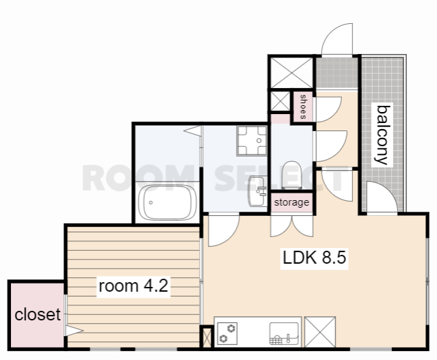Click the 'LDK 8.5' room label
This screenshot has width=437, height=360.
click(x=315, y=258)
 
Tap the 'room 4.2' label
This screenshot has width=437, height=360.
click(x=133, y=286)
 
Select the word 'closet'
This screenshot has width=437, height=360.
click(x=38, y=315)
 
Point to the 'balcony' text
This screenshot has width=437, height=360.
click(x=383, y=135)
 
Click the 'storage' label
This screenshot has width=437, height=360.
click(x=291, y=202)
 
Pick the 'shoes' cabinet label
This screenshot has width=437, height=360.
click(x=303, y=107)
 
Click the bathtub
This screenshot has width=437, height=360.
click(x=168, y=202)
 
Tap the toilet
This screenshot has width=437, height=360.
click(x=292, y=176)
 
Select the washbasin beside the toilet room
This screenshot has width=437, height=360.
click(x=258, y=191)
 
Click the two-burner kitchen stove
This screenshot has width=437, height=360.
click(x=227, y=334)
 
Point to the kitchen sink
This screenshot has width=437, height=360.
click(x=284, y=333)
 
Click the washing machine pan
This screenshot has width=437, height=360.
click(x=252, y=141)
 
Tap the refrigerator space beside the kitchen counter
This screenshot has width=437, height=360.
click(x=319, y=332)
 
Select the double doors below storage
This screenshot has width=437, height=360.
click(x=292, y=226)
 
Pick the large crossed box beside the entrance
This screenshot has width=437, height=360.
click(x=292, y=72)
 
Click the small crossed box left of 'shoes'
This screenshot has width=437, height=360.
click(x=280, y=101)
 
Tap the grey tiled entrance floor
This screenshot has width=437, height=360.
click(x=337, y=72)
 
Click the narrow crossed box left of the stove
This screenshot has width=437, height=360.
click(x=207, y=337)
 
